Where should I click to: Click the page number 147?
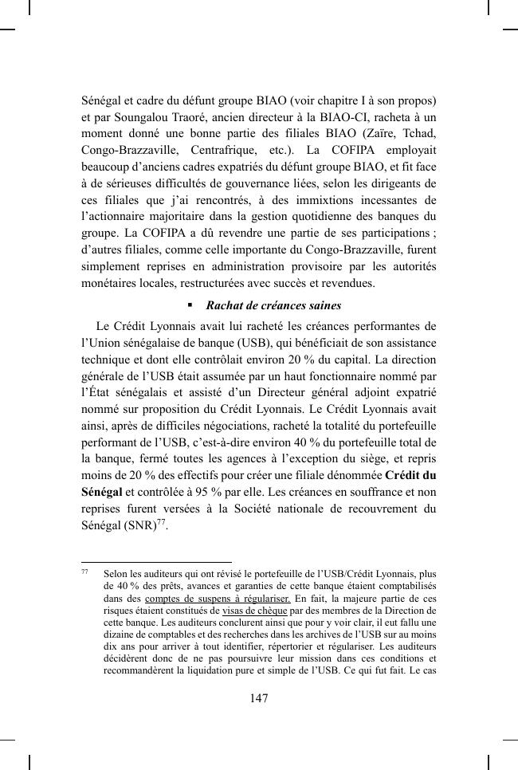pyautogui.click(x=258, y=699)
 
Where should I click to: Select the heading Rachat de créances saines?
pyautogui.click(x=273, y=305)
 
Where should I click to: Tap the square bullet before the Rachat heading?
pyautogui.click(x=190, y=305)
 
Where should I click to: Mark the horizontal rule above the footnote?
pyautogui.click(x=156, y=561)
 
